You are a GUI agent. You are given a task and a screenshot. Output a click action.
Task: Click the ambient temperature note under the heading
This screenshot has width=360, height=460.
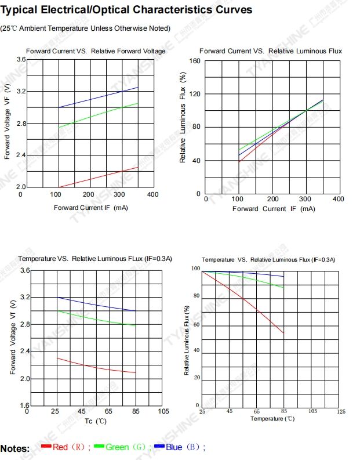tap(85, 28)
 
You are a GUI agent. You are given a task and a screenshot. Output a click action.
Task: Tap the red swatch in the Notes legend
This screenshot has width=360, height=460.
tap(46, 446)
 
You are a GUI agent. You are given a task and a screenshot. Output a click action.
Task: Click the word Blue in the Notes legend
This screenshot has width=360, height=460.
tap(174, 447)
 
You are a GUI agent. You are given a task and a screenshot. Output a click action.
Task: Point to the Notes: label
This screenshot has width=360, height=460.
tap(15, 448)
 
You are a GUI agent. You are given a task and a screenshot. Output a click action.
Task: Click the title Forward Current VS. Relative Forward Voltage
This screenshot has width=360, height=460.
tap(96, 51)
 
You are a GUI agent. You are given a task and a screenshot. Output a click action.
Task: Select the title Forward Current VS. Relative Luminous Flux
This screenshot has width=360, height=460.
tap(271, 51)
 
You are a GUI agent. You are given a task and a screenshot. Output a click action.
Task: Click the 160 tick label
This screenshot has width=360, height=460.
tap(195, 61)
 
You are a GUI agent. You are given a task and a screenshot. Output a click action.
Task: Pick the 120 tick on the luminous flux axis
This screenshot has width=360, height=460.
tap(195, 94)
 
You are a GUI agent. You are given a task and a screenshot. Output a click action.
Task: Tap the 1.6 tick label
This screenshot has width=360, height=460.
tap(23, 405)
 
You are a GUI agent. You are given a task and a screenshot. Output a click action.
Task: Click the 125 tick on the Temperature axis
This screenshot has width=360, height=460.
tap(341, 411)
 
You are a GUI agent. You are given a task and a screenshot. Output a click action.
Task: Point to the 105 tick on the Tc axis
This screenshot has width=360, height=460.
tap(163, 411)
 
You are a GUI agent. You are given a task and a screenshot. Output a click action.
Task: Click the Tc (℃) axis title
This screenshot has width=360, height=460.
tap(96, 421)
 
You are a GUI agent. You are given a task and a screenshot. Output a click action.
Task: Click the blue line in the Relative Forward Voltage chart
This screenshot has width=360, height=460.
tap(104, 97)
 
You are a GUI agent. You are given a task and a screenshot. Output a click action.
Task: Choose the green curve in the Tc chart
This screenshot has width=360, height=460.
tap(96, 319)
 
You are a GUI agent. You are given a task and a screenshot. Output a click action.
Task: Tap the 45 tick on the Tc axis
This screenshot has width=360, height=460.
tap(82, 411)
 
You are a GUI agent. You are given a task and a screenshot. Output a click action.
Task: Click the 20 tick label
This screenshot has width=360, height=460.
tap(197, 378)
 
